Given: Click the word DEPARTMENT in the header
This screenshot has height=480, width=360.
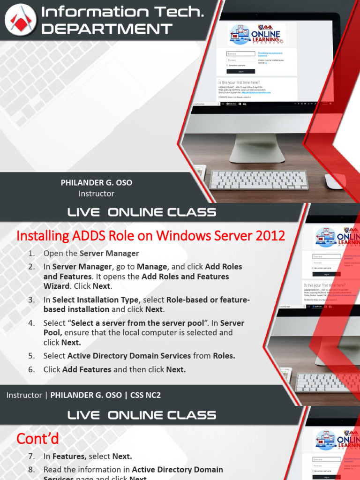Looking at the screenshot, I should (107, 29).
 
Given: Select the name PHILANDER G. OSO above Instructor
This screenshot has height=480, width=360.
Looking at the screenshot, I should (97, 183).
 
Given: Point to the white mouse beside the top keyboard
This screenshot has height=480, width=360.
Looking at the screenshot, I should (334, 181).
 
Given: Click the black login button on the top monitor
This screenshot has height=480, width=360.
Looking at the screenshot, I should (240, 71).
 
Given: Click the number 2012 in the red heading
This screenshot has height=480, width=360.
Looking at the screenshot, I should (270, 236).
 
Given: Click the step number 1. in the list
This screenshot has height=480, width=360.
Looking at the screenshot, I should (31, 254).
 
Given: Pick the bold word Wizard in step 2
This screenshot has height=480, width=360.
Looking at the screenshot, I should (57, 286).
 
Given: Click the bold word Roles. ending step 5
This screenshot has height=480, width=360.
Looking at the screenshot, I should (224, 356).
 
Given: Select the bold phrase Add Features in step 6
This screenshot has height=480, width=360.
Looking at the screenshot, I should (87, 369).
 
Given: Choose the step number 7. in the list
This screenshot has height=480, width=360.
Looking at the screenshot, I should (31, 456).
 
